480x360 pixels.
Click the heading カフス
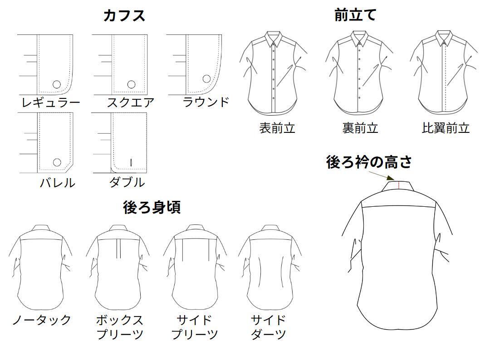pos(124,15)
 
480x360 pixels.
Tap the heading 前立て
pos(355,15)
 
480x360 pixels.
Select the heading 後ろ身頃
pos(152,207)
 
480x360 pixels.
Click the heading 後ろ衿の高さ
pos(368,162)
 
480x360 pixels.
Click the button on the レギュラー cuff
pos(57,84)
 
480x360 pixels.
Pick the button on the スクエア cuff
pos(131,84)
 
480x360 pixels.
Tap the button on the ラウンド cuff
pos(206,79)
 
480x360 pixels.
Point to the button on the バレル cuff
pos(57,162)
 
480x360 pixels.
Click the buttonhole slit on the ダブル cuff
pos(131,162)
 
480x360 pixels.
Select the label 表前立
pos(277,128)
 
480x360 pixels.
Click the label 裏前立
pos(360,128)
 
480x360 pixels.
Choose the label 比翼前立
pos(446,128)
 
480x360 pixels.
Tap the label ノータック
pos(41,320)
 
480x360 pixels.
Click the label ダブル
pos(127,182)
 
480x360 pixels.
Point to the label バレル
pos(57,183)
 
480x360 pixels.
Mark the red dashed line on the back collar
pos(398,185)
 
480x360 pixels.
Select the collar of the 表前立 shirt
pos(274,39)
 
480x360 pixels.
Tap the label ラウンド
pos(206,102)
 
